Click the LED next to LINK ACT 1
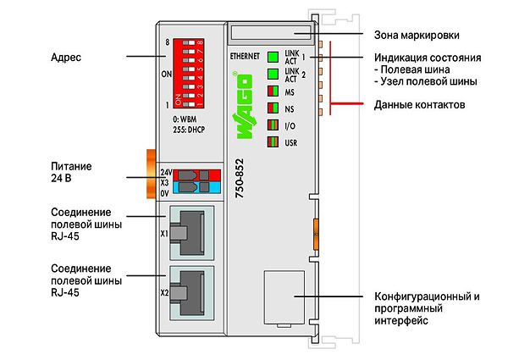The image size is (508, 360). (273, 57)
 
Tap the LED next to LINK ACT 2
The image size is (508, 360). (273, 74)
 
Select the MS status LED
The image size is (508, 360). (273, 91)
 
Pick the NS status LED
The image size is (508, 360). (273, 108)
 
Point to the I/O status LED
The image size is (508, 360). (273, 125)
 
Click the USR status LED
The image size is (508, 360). (273, 142)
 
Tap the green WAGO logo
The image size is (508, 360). (244, 106)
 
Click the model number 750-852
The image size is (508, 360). (240, 178)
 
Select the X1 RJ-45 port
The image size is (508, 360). (192, 233)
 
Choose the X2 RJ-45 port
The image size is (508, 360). (192, 293)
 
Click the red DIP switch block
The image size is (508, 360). (188, 73)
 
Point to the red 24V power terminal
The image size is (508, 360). (197, 175)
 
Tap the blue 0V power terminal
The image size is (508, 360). (197, 187)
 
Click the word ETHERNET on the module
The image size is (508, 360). (245, 57)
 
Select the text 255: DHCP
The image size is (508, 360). (189, 130)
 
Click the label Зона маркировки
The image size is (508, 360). (417, 35)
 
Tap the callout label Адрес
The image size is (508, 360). (66, 58)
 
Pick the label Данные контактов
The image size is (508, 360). (420, 105)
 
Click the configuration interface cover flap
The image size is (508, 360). (284, 297)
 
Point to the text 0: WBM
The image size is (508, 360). (185, 119)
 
